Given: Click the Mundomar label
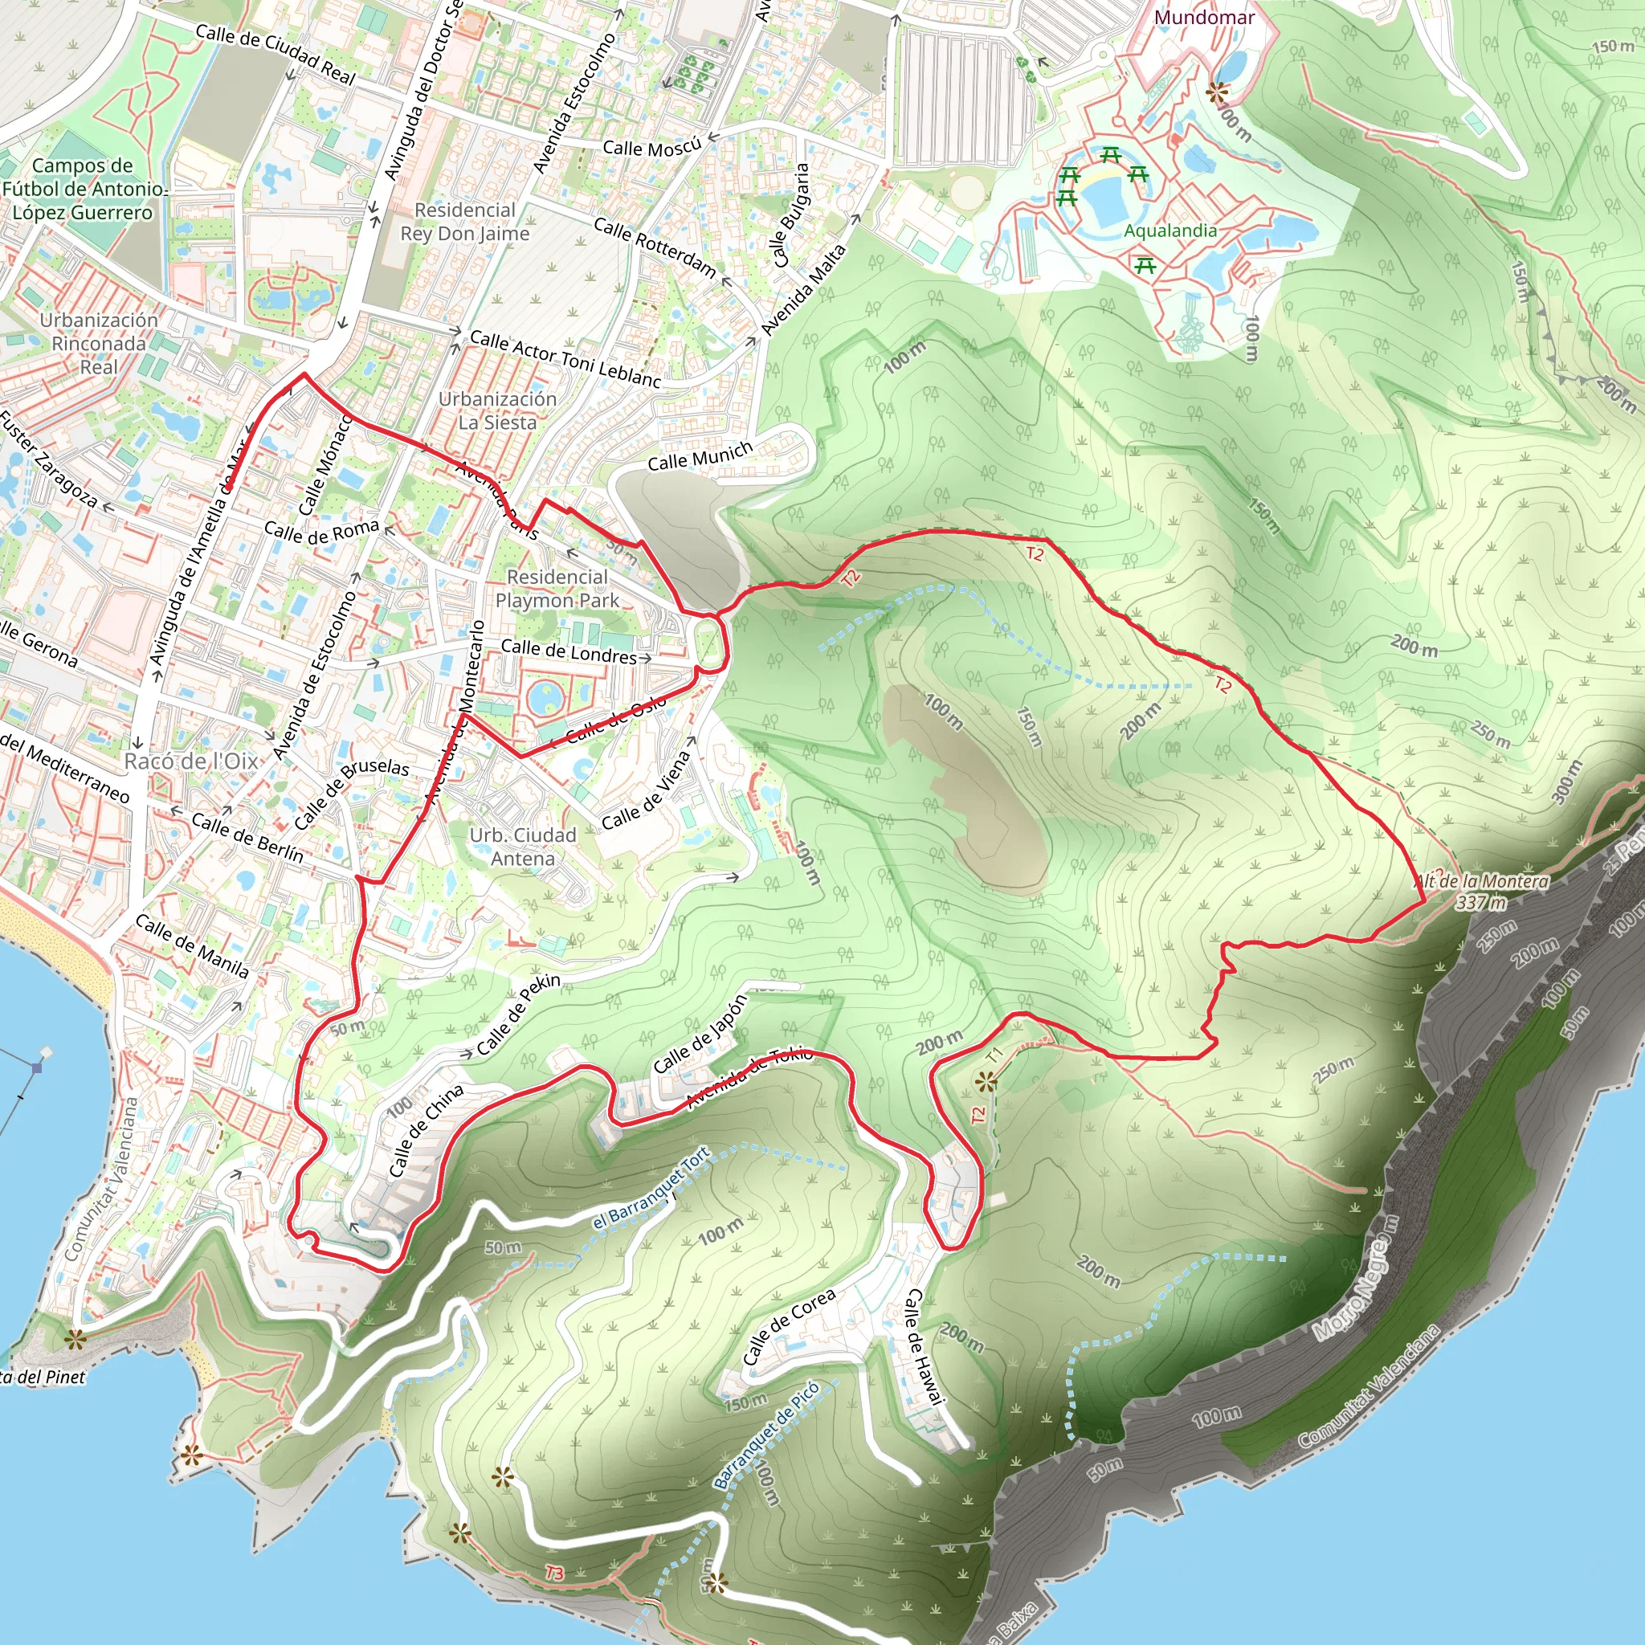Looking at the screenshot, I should (x=1204, y=18).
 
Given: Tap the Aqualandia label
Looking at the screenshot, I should (x=1169, y=231).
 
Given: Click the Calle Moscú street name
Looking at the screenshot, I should (x=651, y=147).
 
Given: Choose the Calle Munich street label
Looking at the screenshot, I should (x=700, y=456).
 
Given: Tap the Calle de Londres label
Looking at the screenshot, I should (x=568, y=651).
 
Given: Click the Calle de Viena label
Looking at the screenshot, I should (x=647, y=790).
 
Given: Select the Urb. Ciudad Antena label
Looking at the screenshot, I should (x=523, y=847).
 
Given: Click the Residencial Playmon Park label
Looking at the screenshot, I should (x=557, y=588).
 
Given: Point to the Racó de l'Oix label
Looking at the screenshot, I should (x=192, y=761).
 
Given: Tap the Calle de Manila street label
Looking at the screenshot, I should (x=193, y=946).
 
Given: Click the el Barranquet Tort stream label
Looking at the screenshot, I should (x=651, y=1188).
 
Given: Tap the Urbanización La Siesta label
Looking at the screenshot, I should (x=497, y=410).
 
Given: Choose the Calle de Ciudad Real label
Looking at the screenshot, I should (x=275, y=54).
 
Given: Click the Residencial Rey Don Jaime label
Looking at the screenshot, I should (x=465, y=222).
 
